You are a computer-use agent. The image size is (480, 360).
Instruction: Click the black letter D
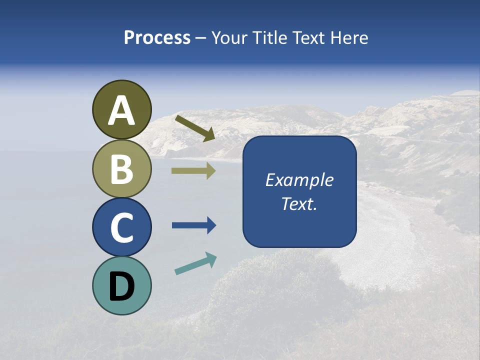121,286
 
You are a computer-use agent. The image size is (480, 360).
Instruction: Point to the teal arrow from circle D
195,263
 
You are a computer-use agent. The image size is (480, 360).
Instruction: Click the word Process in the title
157,38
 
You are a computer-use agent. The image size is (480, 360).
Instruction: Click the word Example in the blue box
299,180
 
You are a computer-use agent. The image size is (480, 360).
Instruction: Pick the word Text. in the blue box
299,203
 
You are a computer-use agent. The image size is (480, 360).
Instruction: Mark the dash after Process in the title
201,38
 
